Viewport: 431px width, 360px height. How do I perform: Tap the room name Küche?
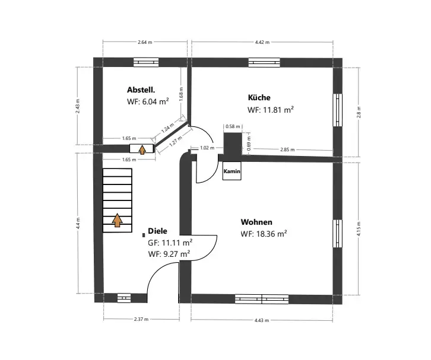click(x=259, y=97)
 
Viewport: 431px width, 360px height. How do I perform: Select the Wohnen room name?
click(x=256, y=222)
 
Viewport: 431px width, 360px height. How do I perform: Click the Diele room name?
click(x=157, y=231)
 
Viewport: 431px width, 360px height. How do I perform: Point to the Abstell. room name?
click(x=141, y=90)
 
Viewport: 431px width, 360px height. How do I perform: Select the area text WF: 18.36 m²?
click(x=264, y=234)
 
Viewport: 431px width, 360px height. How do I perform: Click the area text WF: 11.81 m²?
click(x=271, y=110)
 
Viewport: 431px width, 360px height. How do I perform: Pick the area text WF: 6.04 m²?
click(x=148, y=101)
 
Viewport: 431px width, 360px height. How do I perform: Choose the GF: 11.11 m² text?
click(x=170, y=243)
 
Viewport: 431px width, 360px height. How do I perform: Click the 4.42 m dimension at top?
click(x=262, y=43)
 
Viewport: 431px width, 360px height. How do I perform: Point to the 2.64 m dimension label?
click(x=144, y=43)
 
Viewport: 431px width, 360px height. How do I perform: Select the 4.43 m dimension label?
click(x=262, y=320)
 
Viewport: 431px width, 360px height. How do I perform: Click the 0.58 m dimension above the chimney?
click(x=233, y=126)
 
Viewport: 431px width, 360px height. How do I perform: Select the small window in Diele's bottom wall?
click(x=124, y=298)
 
